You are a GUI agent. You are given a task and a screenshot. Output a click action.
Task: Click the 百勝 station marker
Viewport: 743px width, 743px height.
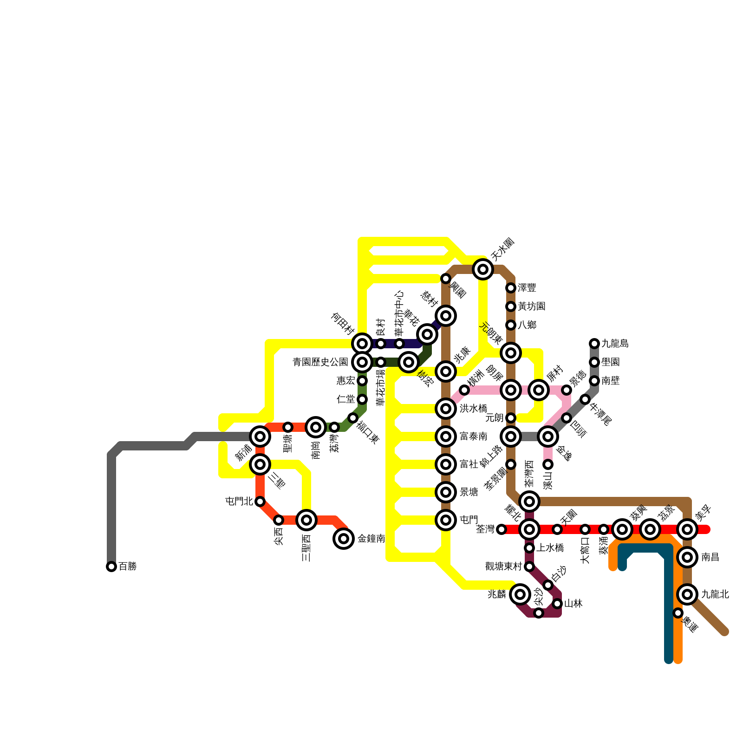[111, 567]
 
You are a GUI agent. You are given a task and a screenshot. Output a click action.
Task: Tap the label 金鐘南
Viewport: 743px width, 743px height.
[371, 539]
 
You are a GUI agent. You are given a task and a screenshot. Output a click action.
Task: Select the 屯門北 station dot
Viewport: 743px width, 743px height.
[260, 502]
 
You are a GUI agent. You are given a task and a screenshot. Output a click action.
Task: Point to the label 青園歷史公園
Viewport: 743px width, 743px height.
[320, 362]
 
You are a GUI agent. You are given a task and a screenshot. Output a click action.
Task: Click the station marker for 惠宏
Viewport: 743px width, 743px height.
[362, 381]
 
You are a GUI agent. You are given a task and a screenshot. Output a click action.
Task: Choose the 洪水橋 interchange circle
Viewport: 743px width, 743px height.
[446, 409]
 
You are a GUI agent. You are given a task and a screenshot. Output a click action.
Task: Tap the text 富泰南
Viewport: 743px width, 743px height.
[473, 437]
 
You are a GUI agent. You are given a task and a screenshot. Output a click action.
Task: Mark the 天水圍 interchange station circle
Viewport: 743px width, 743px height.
[483, 269]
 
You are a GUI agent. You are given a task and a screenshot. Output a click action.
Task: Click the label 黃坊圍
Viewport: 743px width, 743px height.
[531, 306]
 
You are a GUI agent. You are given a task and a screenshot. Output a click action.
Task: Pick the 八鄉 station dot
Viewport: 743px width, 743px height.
[511, 325]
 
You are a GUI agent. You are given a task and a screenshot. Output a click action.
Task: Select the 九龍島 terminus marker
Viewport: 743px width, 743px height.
[594, 344]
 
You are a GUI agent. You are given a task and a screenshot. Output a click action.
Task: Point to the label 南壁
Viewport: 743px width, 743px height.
[610, 381]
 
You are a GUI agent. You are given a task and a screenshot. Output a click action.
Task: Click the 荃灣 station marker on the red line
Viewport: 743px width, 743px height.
[502, 529]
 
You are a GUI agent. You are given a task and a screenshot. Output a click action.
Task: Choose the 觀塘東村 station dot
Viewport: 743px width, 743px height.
[529, 567]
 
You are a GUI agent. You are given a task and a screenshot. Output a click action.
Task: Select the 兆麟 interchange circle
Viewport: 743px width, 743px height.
[520, 594]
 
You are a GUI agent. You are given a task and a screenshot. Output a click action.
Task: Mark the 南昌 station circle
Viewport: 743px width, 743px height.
[687, 557]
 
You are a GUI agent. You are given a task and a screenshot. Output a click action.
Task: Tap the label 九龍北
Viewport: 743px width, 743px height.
[715, 594]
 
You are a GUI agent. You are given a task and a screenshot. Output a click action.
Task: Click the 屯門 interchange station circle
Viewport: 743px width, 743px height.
[446, 520]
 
